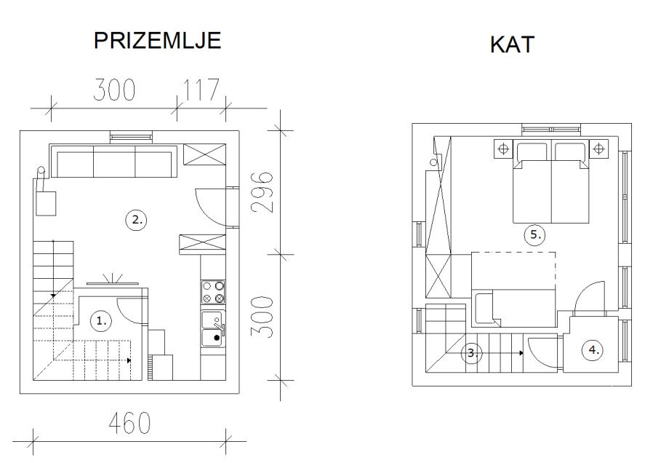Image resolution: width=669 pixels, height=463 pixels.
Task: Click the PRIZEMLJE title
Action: pos(157,41)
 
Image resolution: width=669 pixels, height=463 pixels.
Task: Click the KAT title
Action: pos(512,44)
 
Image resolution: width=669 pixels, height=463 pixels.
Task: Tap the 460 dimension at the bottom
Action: pos(129,423)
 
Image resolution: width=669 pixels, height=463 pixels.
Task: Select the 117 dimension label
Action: pos(201,90)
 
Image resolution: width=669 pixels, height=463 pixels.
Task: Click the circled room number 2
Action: pos(136,220)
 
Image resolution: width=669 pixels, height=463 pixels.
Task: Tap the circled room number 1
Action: pos(101,321)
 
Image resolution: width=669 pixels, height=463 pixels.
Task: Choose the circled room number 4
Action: pos(593,350)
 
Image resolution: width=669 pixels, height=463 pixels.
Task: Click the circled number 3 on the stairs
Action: pos(472,353)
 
